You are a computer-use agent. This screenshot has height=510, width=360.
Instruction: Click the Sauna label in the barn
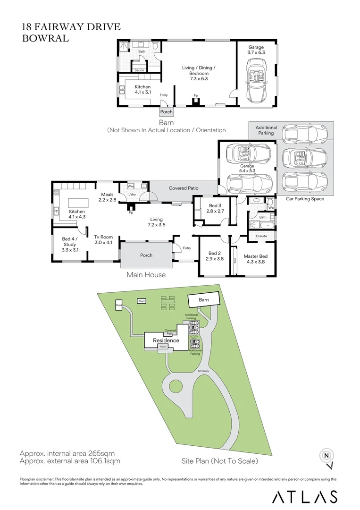(x=139, y=70)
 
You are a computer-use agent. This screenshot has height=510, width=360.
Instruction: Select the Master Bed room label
(x=255, y=259)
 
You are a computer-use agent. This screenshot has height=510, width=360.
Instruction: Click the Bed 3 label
(x=214, y=208)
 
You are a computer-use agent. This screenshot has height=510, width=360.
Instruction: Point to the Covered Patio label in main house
(x=184, y=188)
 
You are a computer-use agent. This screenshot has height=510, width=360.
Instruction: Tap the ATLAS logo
(x=304, y=497)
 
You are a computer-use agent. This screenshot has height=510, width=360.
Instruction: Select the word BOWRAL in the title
(x=46, y=39)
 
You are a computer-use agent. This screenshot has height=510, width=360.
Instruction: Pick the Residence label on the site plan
(x=165, y=340)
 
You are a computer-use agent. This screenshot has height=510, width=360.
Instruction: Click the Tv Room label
(x=104, y=240)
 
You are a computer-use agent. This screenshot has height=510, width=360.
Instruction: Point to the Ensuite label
(x=261, y=236)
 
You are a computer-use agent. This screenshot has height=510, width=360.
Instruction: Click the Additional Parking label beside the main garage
(x=266, y=130)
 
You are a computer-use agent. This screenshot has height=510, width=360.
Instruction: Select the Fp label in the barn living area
(x=196, y=95)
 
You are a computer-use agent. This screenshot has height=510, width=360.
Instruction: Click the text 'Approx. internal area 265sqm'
(x=67, y=454)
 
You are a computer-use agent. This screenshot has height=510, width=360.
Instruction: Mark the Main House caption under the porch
(x=146, y=274)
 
